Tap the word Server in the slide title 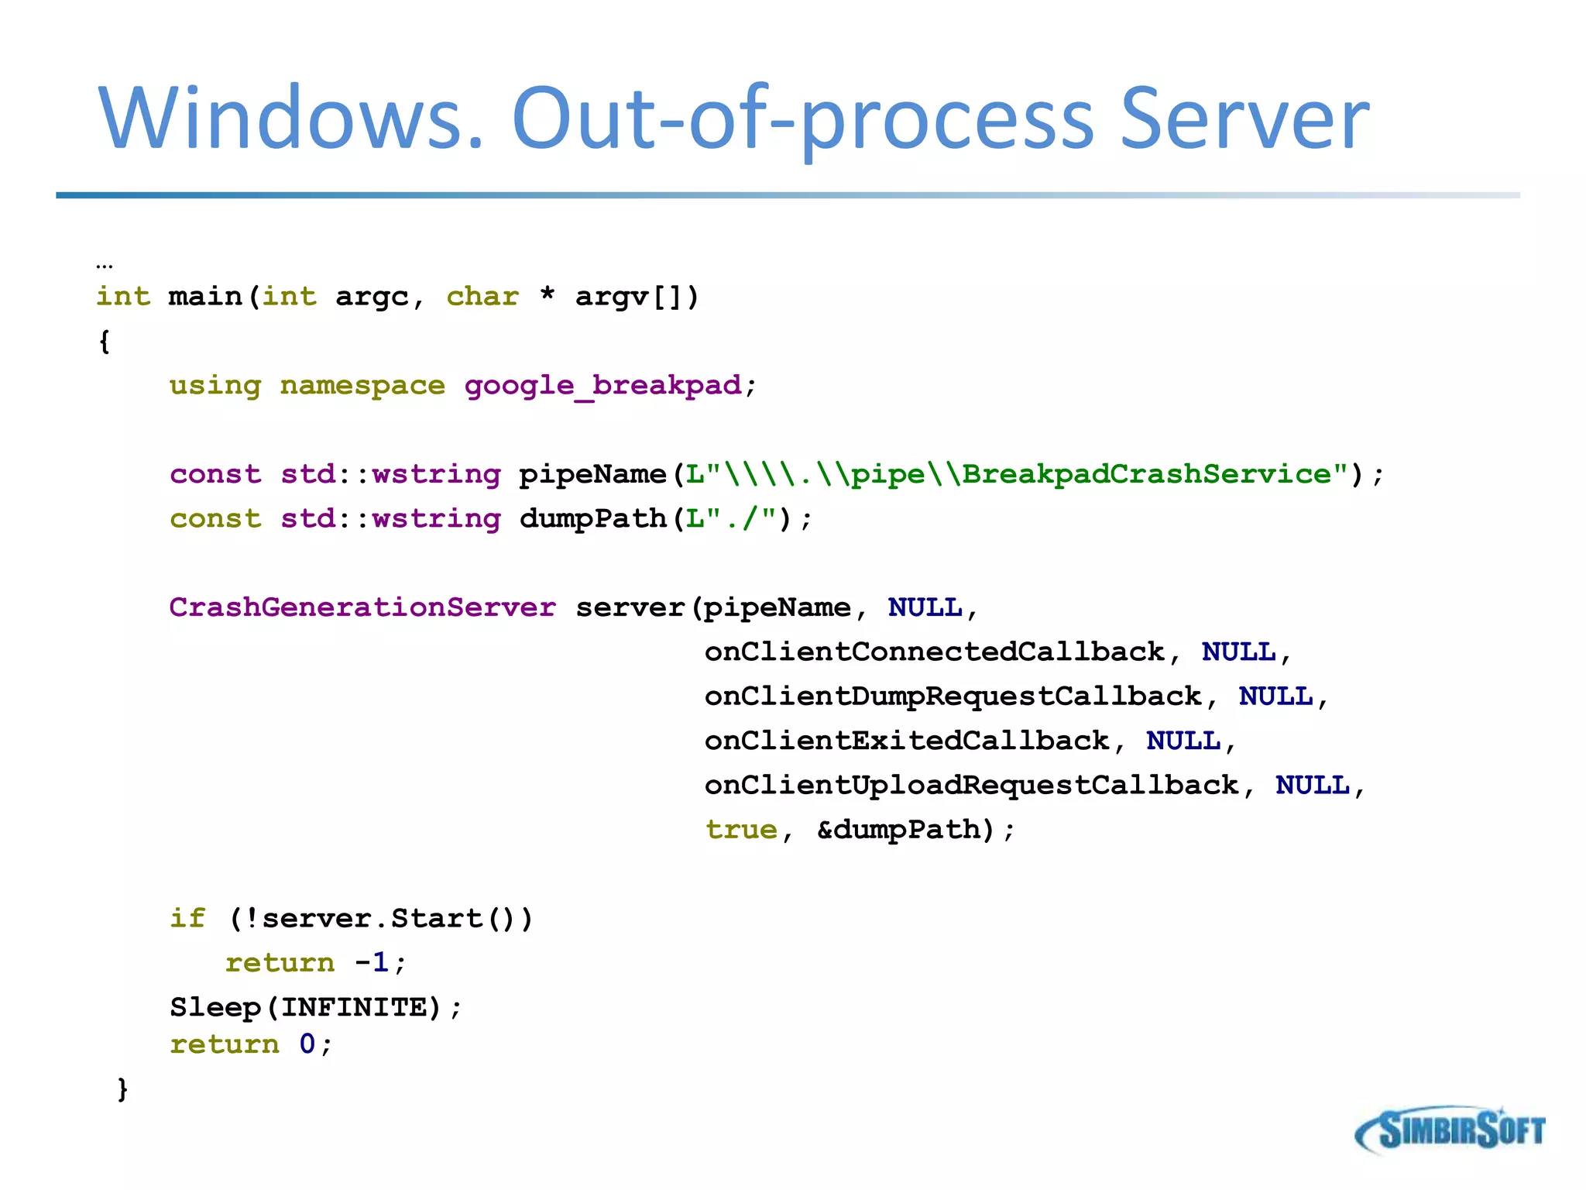pyautogui.click(x=1244, y=119)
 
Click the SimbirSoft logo pyautogui.click(x=1450, y=1130)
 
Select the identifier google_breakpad pyautogui.click(x=602, y=385)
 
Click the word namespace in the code pyautogui.click(x=362, y=385)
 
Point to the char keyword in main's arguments pyautogui.click(x=482, y=297)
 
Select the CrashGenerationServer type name pyautogui.click(x=362, y=607)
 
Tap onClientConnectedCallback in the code pyautogui.click(x=934, y=652)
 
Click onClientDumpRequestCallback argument pyautogui.click(x=953, y=696)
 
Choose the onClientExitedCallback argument pyautogui.click(x=906, y=741)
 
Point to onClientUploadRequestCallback pyautogui.click(x=971, y=785)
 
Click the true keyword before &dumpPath pyautogui.click(x=741, y=830)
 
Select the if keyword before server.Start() pyautogui.click(x=187, y=918)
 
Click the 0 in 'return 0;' pyautogui.click(x=307, y=1044)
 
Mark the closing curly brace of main pyautogui.click(x=122, y=1089)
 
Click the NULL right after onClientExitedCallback pyautogui.click(x=1183, y=741)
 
